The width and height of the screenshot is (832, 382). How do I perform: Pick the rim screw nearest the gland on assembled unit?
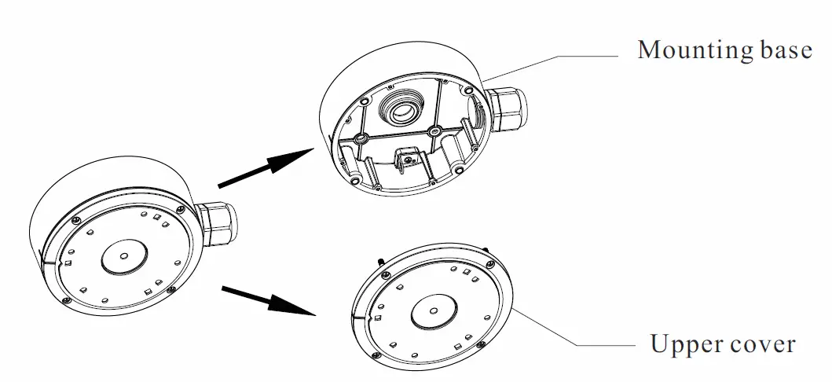click(181, 209)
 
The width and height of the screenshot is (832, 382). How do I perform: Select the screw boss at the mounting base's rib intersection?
click(433, 130)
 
